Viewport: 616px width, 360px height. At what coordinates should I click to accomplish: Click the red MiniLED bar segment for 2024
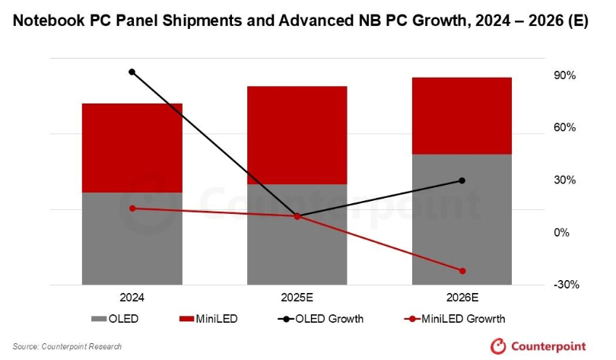click(132, 148)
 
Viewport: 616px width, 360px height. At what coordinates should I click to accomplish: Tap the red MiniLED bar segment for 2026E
click(462, 116)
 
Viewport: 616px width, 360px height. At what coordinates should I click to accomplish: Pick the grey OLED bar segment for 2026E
click(462, 219)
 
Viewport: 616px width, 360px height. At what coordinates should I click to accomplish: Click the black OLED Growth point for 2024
click(132, 72)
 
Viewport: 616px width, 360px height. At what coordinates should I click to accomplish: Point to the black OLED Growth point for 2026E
click(462, 180)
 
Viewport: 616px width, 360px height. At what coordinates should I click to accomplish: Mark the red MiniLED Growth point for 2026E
click(462, 271)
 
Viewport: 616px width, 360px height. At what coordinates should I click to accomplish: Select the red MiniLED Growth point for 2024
click(132, 208)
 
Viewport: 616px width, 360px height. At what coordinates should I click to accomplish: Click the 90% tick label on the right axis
click(565, 76)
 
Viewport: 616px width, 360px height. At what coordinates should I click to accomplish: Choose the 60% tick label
click(565, 128)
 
